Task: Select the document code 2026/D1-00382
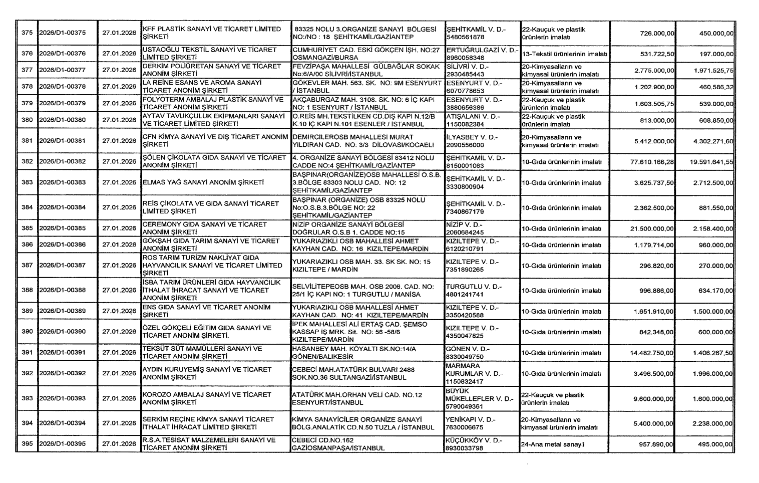62,162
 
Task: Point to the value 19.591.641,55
711,162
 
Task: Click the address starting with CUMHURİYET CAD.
366,54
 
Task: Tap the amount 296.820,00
656,266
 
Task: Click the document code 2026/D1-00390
62,332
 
